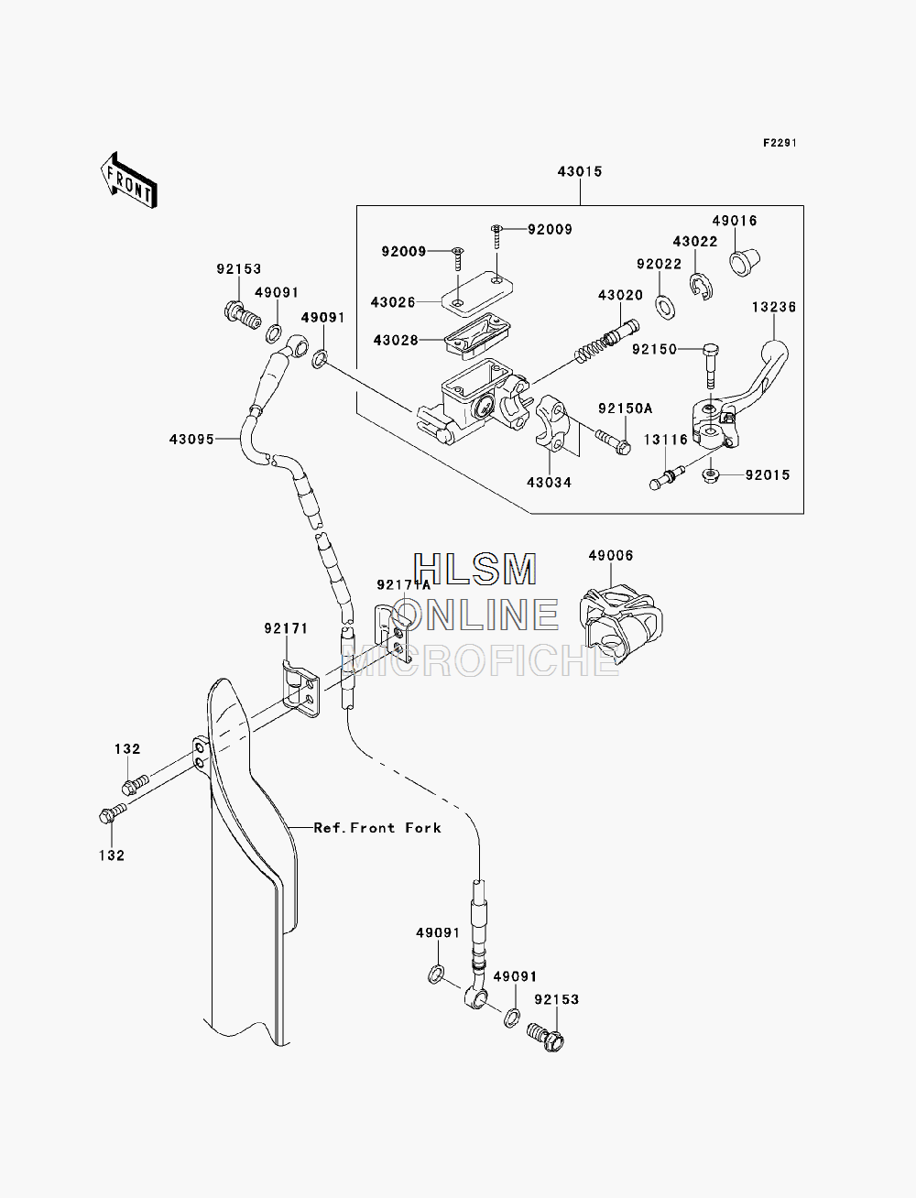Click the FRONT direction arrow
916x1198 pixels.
click(x=129, y=180)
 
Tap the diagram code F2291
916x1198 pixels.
click(x=780, y=143)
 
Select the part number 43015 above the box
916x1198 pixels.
click(x=579, y=171)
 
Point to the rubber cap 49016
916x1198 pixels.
click(x=745, y=262)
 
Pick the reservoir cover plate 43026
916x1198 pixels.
click(x=477, y=294)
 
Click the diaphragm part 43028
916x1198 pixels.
click(x=477, y=336)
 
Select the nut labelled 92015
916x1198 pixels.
click(x=710, y=476)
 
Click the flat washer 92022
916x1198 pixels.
click(x=666, y=307)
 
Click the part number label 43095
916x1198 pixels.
click(x=191, y=439)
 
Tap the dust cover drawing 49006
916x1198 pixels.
click(x=621, y=624)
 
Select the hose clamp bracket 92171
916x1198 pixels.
click(x=300, y=689)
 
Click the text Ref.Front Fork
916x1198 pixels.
click(x=377, y=828)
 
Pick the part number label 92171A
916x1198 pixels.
click(x=403, y=585)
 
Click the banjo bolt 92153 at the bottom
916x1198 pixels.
click(x=546, y=1038)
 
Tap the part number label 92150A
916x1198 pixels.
click(x=625, y=408)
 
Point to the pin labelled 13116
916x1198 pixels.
click(x=667, y=477)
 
